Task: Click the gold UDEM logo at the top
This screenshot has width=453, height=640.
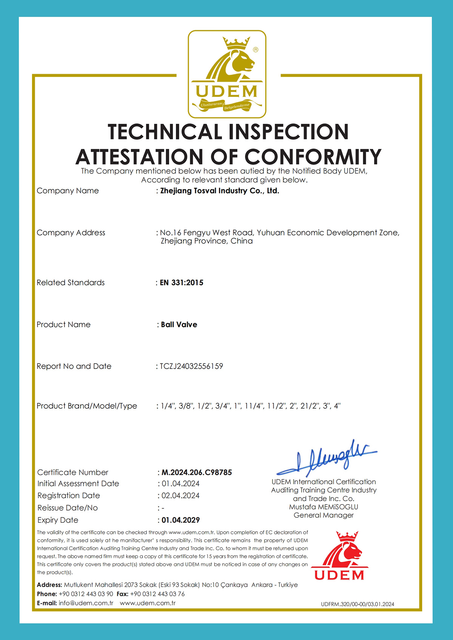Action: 227,74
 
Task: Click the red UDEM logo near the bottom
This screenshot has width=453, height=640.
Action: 339,555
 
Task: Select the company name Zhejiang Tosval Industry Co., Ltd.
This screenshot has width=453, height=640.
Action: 219,191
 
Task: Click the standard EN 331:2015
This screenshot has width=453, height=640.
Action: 182,283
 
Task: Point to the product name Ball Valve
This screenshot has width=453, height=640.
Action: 179,325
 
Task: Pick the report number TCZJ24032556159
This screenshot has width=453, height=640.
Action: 191,366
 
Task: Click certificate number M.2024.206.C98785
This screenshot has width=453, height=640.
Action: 197,472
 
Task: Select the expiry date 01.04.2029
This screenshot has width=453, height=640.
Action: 180,520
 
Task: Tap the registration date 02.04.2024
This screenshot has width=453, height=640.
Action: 180,495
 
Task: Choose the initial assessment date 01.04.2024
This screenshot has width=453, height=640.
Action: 180,484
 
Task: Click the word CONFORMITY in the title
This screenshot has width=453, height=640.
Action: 313,157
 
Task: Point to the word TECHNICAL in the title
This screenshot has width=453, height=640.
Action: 165,132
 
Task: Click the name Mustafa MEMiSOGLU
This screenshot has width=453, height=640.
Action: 324,507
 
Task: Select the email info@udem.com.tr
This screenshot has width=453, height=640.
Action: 86,603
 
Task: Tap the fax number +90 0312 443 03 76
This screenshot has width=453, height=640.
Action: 157,594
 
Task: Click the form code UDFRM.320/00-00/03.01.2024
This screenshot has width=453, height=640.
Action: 357,604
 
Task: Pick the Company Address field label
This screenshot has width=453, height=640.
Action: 71,233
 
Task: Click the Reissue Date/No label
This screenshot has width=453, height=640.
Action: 68,508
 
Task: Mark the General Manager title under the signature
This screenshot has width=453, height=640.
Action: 324,515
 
